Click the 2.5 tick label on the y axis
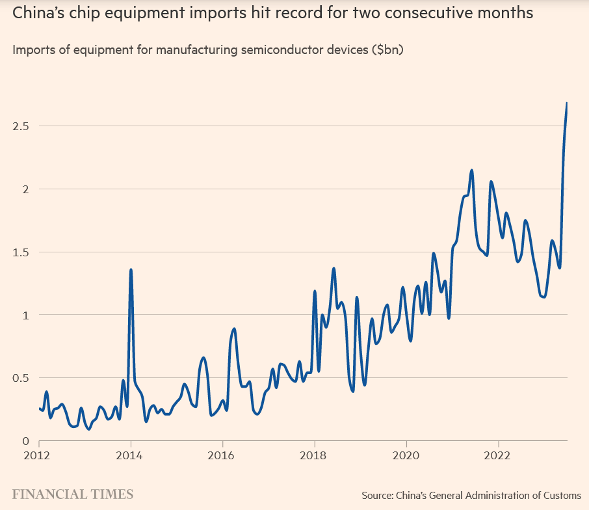click(21, 126)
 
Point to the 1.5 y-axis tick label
click(21, 252)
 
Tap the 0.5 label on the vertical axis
click(21, 378)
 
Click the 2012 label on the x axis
click(39, 455)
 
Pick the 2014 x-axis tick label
click(131, 455)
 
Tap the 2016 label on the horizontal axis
click(222, 455)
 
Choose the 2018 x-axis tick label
click(315, 455)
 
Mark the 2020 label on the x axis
click(406, 455)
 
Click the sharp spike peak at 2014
click(131, 269)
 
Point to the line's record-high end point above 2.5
click(567, 103)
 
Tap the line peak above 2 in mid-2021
click(471, 170)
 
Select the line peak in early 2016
click(234, 329)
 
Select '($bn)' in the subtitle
click(387, 50)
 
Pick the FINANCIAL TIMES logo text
click(73, 494)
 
